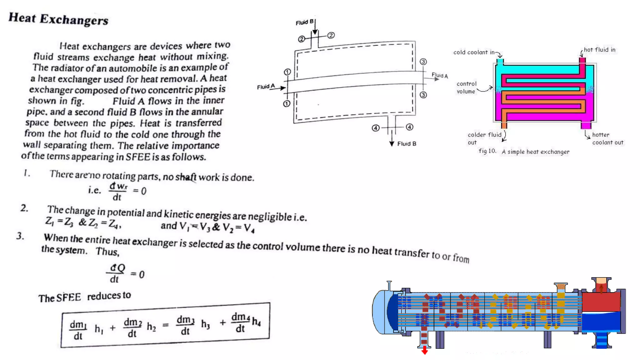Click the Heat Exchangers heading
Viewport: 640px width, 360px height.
[58, 19]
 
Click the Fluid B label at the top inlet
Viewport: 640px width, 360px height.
[304, 22]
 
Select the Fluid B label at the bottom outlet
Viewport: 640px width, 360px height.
[407, 144]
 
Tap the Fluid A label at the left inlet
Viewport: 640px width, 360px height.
[266, 87]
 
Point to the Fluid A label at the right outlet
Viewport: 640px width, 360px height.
[440, 75]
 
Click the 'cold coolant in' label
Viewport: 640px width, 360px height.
[474, 52]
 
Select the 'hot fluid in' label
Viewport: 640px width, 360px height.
[599, 50]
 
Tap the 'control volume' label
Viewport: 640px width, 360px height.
[466, 87]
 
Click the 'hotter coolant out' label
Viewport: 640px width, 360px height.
[607, 139]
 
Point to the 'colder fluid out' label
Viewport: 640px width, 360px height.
[484, 138]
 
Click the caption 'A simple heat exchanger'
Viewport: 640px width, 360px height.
[535, 152]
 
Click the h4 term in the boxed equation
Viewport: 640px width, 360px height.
[256, 321]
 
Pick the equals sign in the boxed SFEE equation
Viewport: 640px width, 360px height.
[166, 325]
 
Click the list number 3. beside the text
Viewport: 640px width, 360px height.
[20, 236]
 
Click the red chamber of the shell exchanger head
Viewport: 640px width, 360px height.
[601, 302]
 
